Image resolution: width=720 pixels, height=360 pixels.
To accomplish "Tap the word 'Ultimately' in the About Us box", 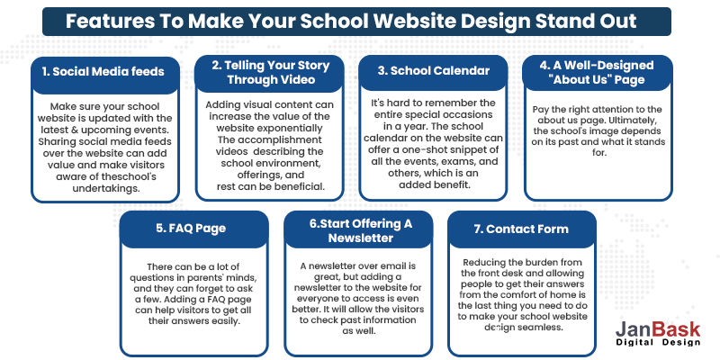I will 645,133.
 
